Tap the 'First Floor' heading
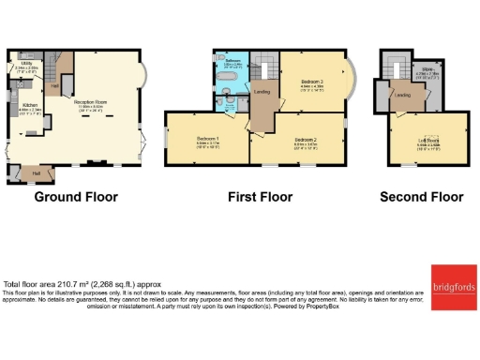point(260,197)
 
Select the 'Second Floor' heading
point(422,197)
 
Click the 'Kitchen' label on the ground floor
point(28,107)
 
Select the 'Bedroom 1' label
point(207,139)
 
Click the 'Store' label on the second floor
point(427,67)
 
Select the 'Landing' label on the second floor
point(402,95)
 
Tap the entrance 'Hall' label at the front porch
point(37,172)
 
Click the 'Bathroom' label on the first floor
point(233,60)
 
